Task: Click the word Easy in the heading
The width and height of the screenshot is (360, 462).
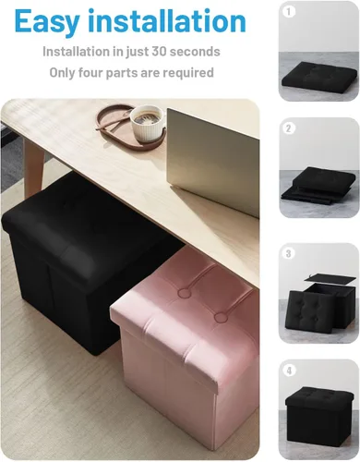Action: click(x=46, y=21)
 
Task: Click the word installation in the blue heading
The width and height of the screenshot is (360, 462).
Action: click(x=167, y=21)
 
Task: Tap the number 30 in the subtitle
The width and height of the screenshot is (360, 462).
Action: click(x=159, y=52)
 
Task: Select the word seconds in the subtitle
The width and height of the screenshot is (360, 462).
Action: click(x=195, y=52)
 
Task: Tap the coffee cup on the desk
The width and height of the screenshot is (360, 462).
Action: click(x=147, y=123)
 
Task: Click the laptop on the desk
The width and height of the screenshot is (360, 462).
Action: click(x=213, y=163)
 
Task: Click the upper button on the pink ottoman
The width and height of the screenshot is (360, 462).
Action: click(x=185, y=292)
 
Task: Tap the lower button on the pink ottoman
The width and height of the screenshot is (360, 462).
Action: click(x=221, y=317)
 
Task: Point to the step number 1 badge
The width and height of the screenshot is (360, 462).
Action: click(x=289, y=12)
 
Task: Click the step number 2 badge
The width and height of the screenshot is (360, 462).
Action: click(x=289, y=128)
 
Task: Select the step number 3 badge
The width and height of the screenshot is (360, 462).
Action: click(x=289, y=253)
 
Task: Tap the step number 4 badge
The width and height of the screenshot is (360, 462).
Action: click(x=289, y=371)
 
